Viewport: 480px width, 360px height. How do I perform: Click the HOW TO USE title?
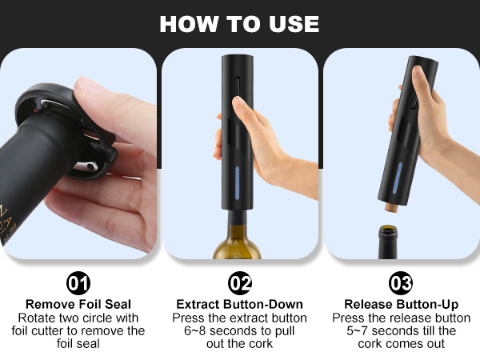(x=239, y=23)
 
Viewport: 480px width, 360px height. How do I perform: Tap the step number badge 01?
(x=79, y=283)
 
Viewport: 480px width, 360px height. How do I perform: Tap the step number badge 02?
(x=239, y=283)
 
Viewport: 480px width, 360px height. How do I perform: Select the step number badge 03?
(x=400, y=283)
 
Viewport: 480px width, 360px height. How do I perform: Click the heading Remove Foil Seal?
(x=79, y=304)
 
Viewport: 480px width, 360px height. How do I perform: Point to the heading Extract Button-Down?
(x=239, y=304)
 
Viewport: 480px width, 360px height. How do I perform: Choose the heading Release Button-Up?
(x=400, y=304)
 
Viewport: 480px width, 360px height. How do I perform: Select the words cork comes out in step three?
(x=400, y=344)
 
